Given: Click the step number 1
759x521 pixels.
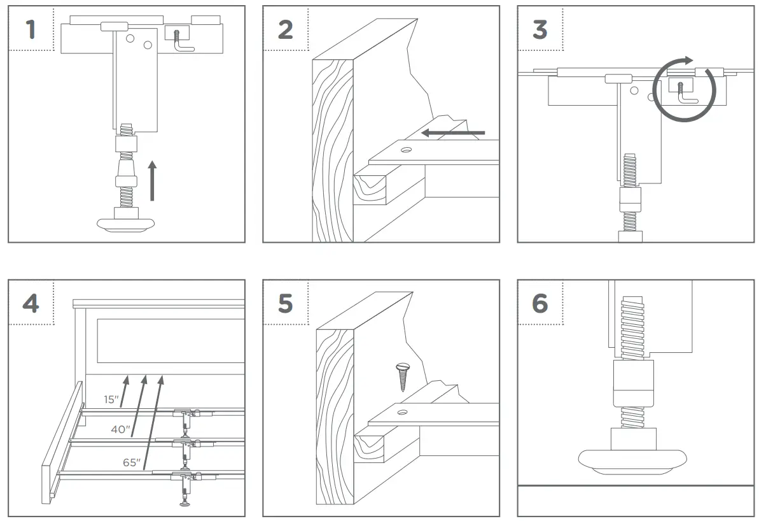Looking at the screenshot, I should pyautogui.click(x=31, y=29).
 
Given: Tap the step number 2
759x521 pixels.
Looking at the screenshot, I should pyautogui.click(x=285, y=29).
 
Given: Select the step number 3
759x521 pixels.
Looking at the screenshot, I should pyautogui.click(x=540, y=29).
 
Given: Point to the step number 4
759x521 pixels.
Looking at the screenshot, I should pyautogui.click(x=31, y=303).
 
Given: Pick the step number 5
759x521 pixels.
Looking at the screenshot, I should pyautogui.click(x=285, y=303).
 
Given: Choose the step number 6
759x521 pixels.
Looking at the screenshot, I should pyautogui.click(x=540, y=303).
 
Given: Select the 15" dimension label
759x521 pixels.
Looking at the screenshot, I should pyautogui.click(x=111, y=399).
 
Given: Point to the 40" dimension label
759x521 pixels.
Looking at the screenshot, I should pyautogui.click(x=120, y=430).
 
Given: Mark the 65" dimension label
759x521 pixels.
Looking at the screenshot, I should pyautogui.click(x=132, y=462).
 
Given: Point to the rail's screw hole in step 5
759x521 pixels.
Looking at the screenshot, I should pyautogui.click(x=401, y=413).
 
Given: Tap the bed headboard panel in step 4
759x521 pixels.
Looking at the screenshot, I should pyautogui.click(x=171, y=339).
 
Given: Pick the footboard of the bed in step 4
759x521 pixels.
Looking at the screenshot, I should pyautogui.click(x=62, y=446).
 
